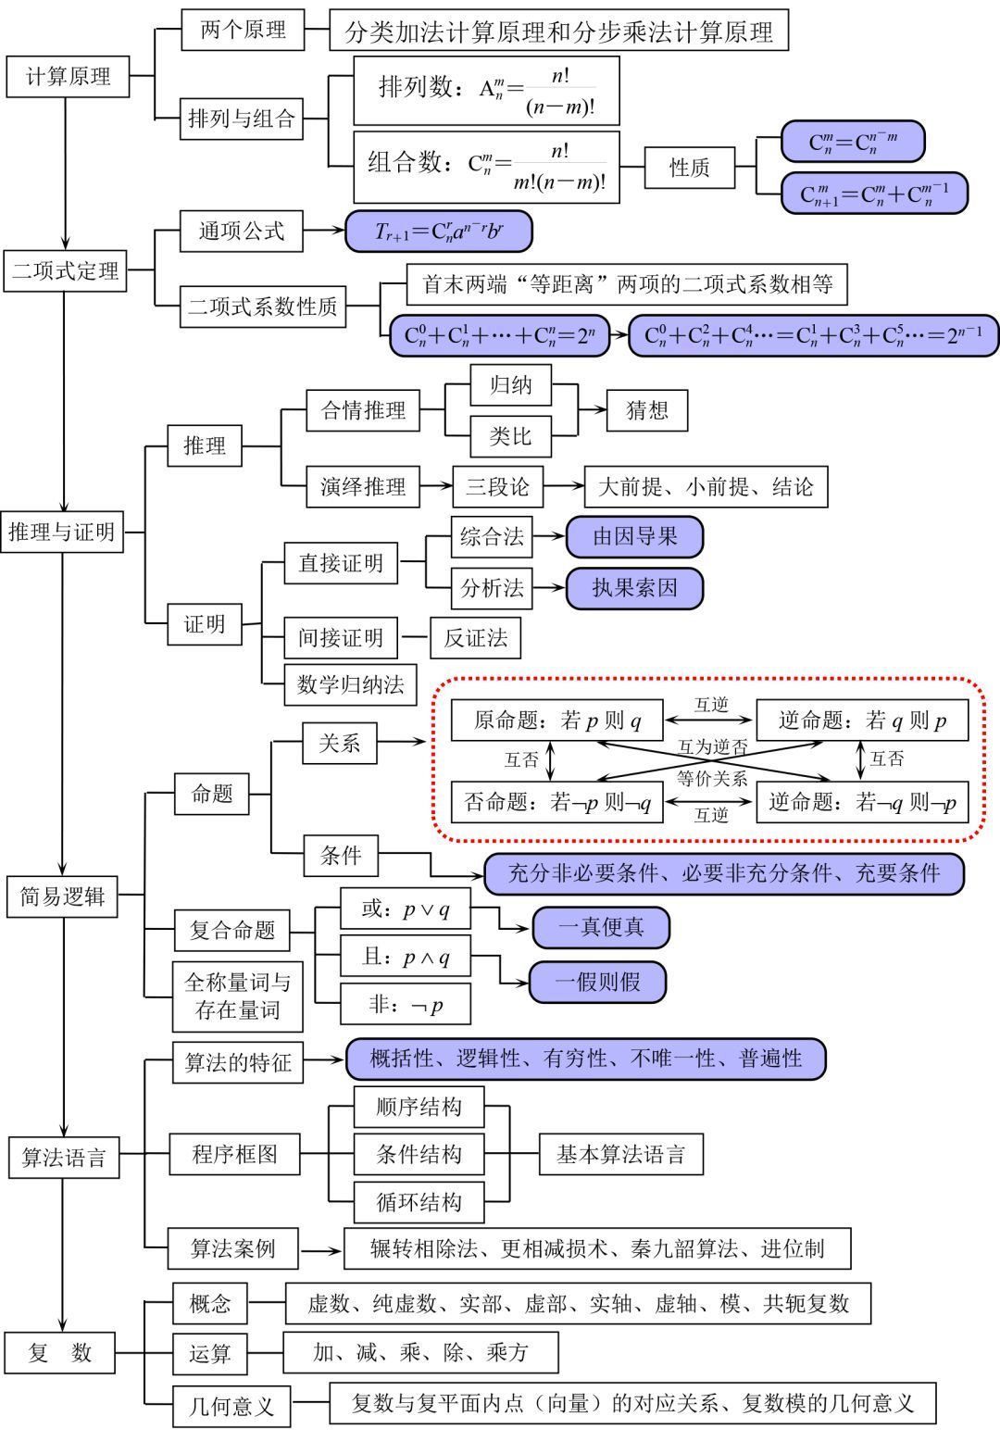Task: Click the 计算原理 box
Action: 68,76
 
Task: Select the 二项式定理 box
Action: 65,270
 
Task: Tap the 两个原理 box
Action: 243,31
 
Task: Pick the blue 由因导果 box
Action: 634,536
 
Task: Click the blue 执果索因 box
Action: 634,588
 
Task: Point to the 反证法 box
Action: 475,637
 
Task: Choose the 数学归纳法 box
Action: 350,684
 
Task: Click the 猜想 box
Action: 646,410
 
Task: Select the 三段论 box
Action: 497,486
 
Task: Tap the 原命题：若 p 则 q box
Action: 557,720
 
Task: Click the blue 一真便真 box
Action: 600,927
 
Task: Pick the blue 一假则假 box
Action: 597,982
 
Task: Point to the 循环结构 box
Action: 419,1202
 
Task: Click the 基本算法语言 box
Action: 620,1154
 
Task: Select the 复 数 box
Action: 60,1352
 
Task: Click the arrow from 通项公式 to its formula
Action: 323,231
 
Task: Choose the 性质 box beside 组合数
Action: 689,168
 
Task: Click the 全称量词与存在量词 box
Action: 237,996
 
